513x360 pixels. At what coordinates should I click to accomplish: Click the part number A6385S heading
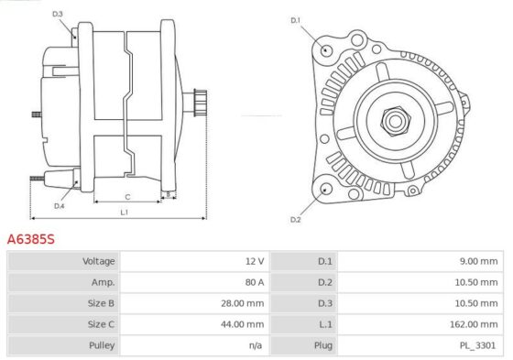click(x=31, y=239)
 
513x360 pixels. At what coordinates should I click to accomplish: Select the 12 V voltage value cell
click(x=255, y=261)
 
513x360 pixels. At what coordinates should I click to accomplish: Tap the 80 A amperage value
click(x=255, y=282)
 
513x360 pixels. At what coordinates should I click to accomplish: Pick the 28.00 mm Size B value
click(x=243, y=303)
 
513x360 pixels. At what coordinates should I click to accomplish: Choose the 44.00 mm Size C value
click(x=243, y=324)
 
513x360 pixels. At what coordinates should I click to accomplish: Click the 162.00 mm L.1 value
click(x=474, y=324)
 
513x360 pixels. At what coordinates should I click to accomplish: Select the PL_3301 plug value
click(x=477, y=345)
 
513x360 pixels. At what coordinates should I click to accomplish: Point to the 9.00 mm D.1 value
click(x=478, y=261)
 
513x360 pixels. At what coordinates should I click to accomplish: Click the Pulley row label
click(x=102, y=345)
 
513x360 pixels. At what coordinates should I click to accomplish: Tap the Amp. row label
click(x=104, y=282)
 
